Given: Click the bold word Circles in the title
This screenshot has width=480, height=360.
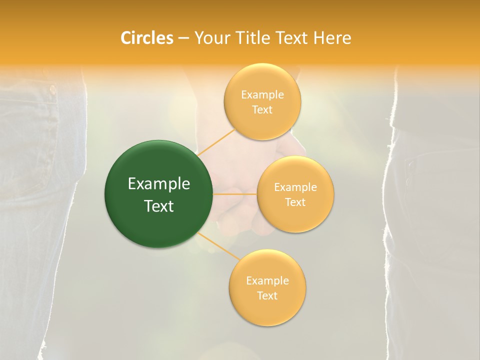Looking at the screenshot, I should pyautogui.click(x=146, y=38).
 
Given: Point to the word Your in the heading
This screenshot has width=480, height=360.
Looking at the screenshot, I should pyautogui.click(x=211, y=38).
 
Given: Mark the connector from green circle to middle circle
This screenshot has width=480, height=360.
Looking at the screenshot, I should pyautogui.click(x=235, y=194).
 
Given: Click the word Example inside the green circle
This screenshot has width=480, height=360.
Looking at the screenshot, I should pyautogui.click(x=159, y=184).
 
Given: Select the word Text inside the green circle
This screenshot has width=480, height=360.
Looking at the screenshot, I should pyautogui.click(x=159, y=206).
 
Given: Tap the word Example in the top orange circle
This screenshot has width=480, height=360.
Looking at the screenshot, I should pyautogui.click(x=262, y=95).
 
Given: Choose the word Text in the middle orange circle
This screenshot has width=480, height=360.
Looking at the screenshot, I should pyautogui.click(x=295, y=202).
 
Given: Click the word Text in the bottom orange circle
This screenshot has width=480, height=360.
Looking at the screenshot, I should pyautogui.click(x=267, y=295).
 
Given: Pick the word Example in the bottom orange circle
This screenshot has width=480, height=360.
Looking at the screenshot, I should pyautogui.click(x=267, y=281).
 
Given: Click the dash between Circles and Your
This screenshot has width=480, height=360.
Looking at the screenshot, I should pyautogui.click(x=183, y=38).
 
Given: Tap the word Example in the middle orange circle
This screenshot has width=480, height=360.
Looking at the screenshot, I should pyautogui.click(x=295, y=187).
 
